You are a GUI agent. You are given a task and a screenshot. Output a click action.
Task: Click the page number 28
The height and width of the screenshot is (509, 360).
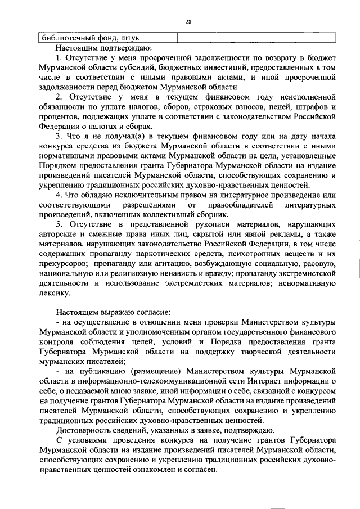188,22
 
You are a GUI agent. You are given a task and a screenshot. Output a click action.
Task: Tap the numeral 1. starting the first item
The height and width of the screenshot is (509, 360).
59,58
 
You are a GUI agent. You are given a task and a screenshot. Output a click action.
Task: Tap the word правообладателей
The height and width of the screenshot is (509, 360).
241,205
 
